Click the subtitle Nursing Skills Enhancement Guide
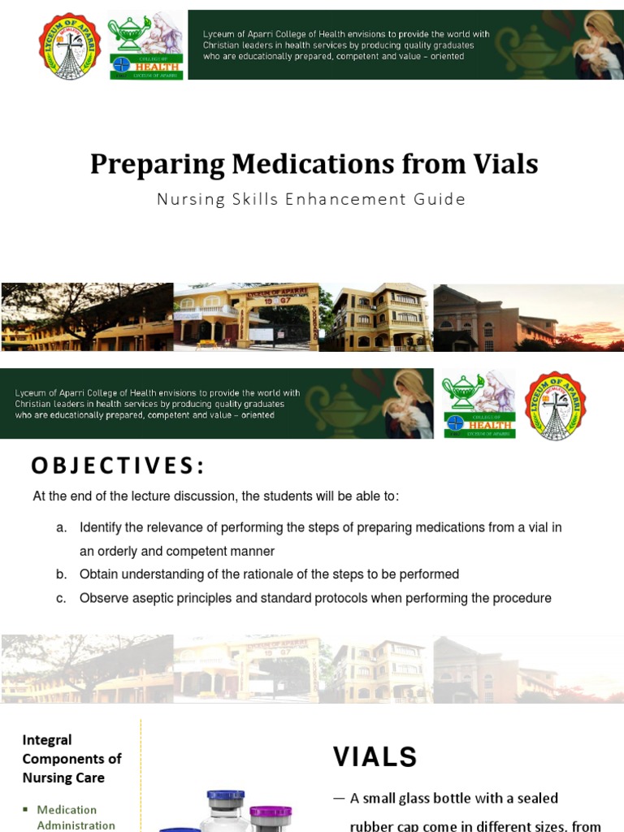pyautogui.click(x=311, y=199)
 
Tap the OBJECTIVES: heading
pyautogui.click(x=119, y=466)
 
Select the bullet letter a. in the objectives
pyautogui.click(x=61, y=528)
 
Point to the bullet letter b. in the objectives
pyautogui.click(x=61, y=574)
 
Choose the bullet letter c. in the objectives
pyautogui.click(x=61, y=599)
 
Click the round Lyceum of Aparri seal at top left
pyautogui.click(x=69, y=45)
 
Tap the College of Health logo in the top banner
pyautogui.click(x=146, y=45)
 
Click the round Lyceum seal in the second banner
pyautogui.click(x=556, y=404)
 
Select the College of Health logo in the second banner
pyautogui.click(x=478, y=404)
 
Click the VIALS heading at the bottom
pyautogui.click(x=375, y=757)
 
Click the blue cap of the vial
pyautogui.click(x=225, y=795)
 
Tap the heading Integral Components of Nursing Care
pyautogui.click(x=71, y=758)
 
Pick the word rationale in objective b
pyautogui.click(x=268, y=574)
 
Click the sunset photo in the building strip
pyautogui.click(x=528, y=317)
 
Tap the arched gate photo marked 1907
pyautogui.click(x=246, y=317)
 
